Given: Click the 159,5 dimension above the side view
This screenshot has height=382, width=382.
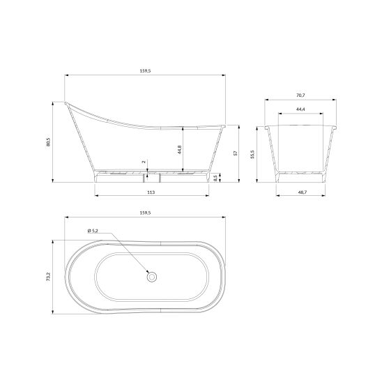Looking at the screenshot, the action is (x=145, y=71).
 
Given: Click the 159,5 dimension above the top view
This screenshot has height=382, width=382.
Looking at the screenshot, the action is (x=145, y=213).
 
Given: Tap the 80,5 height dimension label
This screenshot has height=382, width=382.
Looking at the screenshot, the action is (x=48, y=142).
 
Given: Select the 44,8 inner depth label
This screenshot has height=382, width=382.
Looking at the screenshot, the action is (x=180, y=150).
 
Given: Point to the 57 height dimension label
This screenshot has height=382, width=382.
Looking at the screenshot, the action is (x=236, y=153).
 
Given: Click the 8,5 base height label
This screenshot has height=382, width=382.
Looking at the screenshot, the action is (x=215, y=178).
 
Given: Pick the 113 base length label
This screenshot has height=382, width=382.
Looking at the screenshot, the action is (x=151, y=192).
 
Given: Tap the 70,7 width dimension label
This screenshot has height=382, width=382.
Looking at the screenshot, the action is (x=300, y=95).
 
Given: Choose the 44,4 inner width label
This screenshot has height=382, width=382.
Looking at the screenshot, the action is (x=300, y=109).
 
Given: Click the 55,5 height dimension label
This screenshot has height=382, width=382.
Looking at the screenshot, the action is (x=252, y=154).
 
